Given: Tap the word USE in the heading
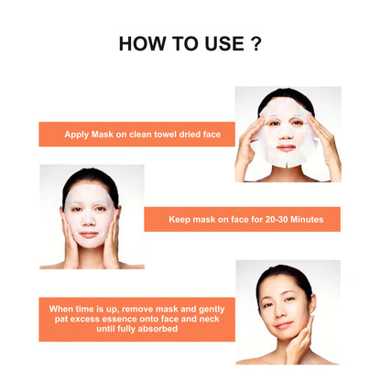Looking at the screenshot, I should [221, 44].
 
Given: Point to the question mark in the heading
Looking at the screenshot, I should [256, 44].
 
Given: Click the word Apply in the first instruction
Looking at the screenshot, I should [76, 134].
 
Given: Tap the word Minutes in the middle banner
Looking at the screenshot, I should [309, 220].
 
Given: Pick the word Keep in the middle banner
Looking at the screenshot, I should [181, 220].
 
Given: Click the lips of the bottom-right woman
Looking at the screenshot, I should [286, 323].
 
